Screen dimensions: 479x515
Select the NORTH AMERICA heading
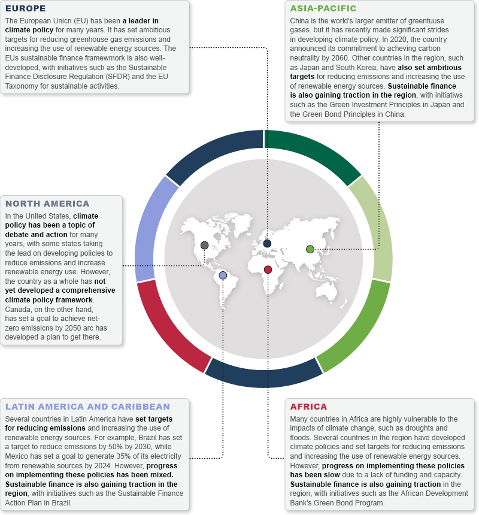[47, 204]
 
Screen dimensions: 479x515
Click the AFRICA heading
[308, 407]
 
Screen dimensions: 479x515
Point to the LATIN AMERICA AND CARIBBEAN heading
[87, 407]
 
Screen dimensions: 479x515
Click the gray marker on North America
[205, 245]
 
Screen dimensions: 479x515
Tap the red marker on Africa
[268, 269]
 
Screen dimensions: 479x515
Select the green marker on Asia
[310, 249]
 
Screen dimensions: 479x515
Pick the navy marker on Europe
[267, 243]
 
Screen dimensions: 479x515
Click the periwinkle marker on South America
[223, 275]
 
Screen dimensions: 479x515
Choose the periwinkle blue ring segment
[153, 228]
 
